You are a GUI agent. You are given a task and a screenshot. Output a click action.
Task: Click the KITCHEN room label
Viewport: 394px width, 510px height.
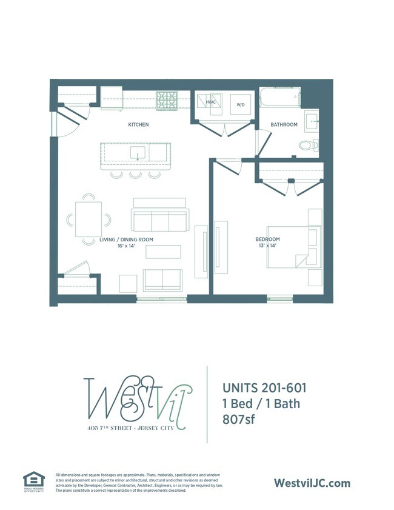(x=138, y=125)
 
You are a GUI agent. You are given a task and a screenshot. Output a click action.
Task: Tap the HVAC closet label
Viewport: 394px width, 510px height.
(x=211, y=102)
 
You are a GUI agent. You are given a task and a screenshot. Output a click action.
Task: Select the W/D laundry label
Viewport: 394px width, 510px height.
(x=241, y=104)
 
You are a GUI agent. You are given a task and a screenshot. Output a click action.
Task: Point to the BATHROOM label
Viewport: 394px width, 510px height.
(x=284, y=125)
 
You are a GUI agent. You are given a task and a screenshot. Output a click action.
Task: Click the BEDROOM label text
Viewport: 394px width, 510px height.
(x=267, y=240)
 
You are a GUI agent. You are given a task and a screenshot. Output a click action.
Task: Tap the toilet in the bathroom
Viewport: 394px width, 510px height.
(x=309, y=144)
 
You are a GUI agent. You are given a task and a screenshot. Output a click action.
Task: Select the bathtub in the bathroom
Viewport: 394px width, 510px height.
(x=279, y=97)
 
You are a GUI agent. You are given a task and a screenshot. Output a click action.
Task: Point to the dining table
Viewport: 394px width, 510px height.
(x=88, y=219)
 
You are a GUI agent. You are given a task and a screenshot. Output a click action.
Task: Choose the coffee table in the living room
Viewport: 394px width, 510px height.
(x=163, y=252)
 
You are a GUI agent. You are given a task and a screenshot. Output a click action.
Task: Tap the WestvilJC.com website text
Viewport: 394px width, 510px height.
(x=312, y=483)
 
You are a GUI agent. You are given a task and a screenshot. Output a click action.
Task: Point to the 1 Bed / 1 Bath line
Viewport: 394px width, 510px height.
(x=261, y=403)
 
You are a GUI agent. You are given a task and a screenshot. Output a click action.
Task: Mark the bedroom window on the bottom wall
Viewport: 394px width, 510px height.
(x=278, y=298)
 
